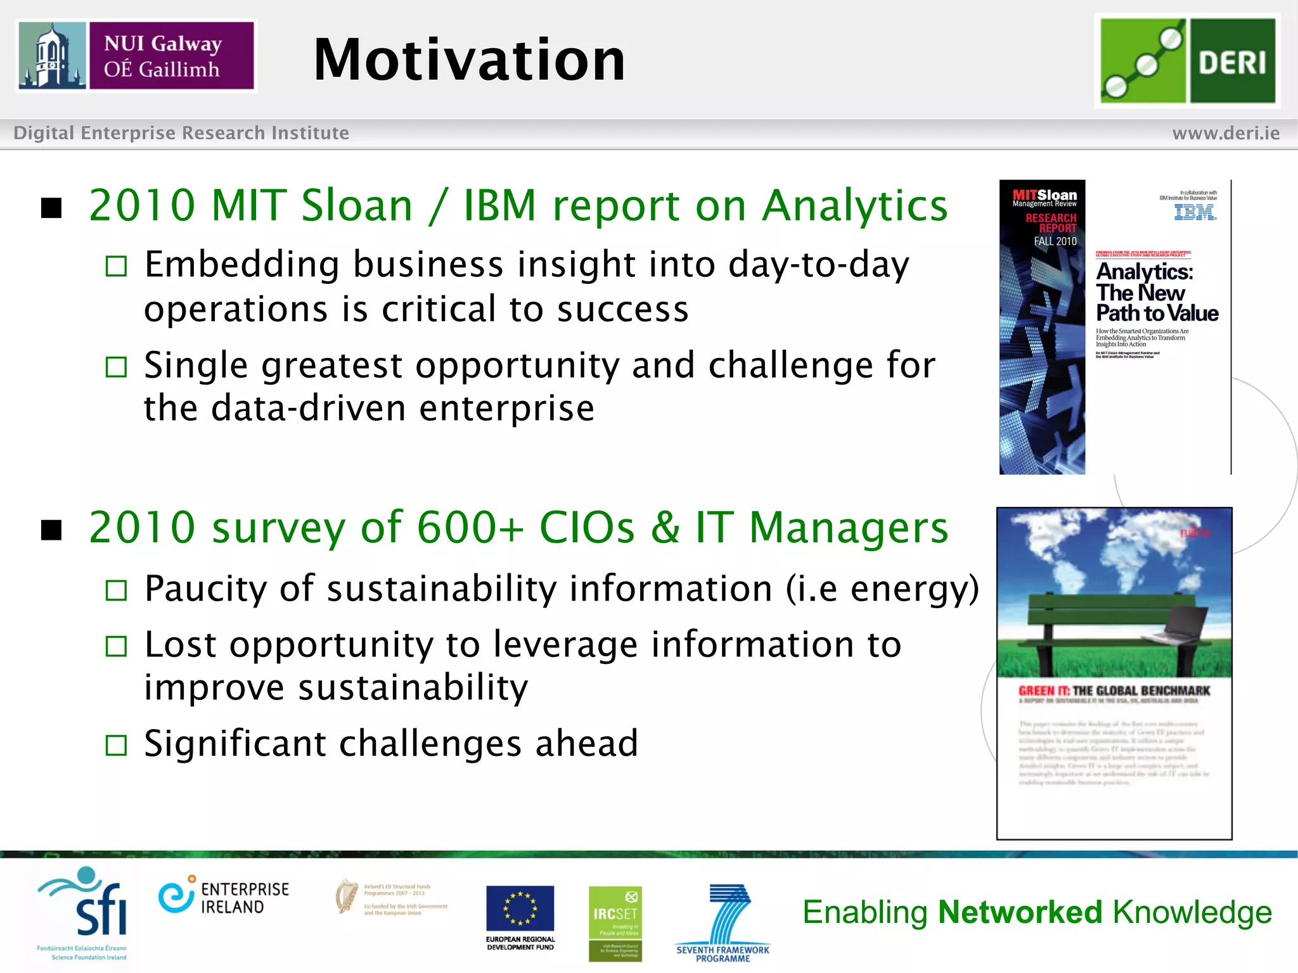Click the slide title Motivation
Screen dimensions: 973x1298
point(469,60)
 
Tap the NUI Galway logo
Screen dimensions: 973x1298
point(136,56)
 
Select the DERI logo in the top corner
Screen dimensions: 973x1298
point(1187,60)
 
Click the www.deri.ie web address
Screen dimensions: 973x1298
point(1225,133)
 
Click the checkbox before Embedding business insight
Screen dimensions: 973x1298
point(117,266)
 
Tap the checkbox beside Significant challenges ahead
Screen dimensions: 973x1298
point(117,745)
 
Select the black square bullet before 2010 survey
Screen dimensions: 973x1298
point(51,530)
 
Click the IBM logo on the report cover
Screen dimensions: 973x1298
point(1195,212)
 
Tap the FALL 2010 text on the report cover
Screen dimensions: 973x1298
point(1055,241)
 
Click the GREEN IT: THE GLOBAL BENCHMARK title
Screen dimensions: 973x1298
point(1114,691)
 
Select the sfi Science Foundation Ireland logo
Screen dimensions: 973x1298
point(86,912)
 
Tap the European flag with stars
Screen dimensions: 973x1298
point(520,908)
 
